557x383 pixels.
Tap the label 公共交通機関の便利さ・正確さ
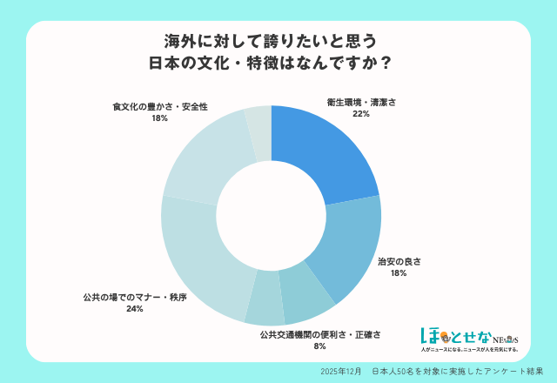coord(320,333)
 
